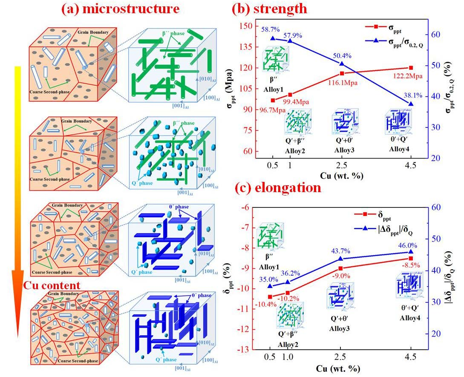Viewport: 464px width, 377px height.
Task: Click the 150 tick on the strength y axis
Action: (245, 26)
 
